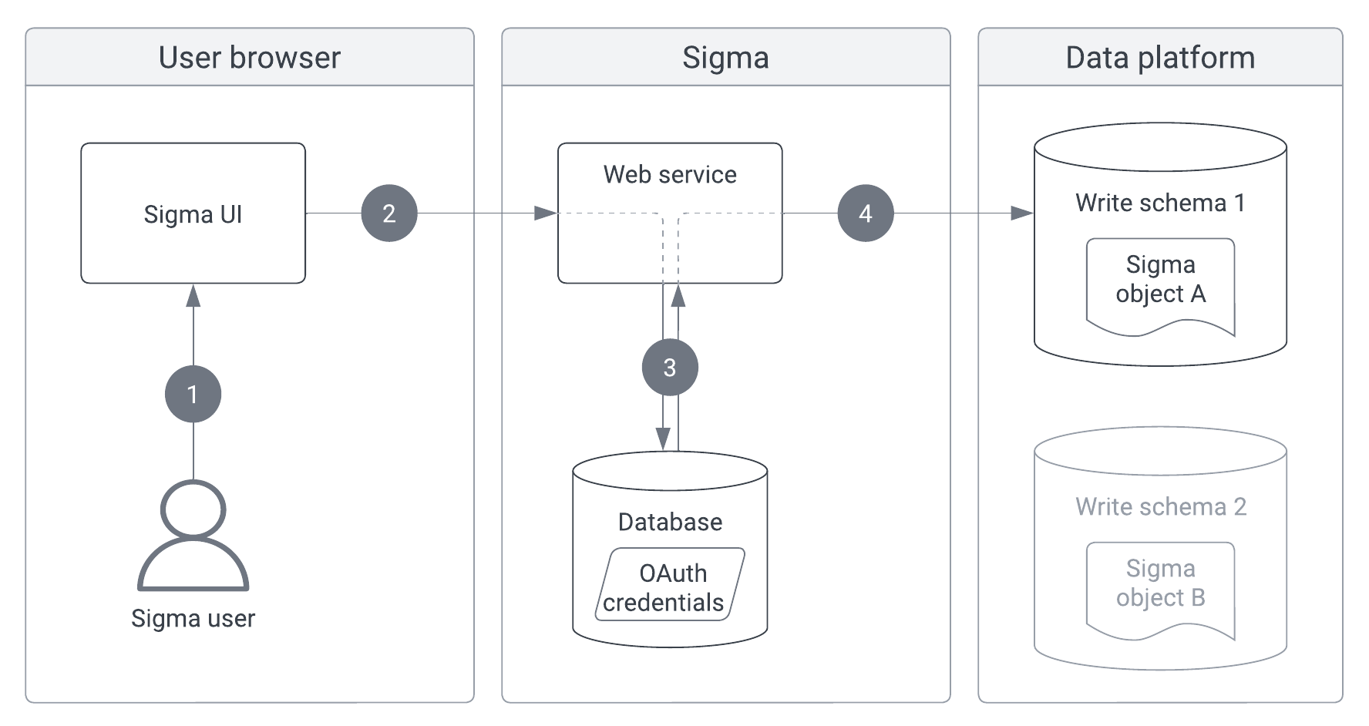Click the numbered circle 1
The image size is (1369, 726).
[193, 394]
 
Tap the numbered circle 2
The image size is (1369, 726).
[389, 213]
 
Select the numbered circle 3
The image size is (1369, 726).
[670, 368]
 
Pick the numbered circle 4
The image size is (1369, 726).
[866, 213]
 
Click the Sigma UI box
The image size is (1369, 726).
[193, 213]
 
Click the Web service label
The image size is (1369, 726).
[670, 175]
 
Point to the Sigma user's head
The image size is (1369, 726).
[193, 509]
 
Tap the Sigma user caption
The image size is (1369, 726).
[193, 619]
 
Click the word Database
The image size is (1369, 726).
[670, 523]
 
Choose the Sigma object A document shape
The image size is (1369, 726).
[1160, 285]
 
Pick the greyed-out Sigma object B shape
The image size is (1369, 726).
[1160, 590]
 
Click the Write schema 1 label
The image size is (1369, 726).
[1160, 203]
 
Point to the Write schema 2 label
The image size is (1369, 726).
[1160, 507]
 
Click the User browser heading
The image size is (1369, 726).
[249, 58]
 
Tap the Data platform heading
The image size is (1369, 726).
[1160, 58]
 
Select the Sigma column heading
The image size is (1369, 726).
[725, 58]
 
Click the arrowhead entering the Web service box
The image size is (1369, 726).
[547, 213]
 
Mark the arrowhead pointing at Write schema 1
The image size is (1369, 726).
[1023, 213]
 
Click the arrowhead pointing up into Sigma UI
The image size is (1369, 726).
[193, 295]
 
